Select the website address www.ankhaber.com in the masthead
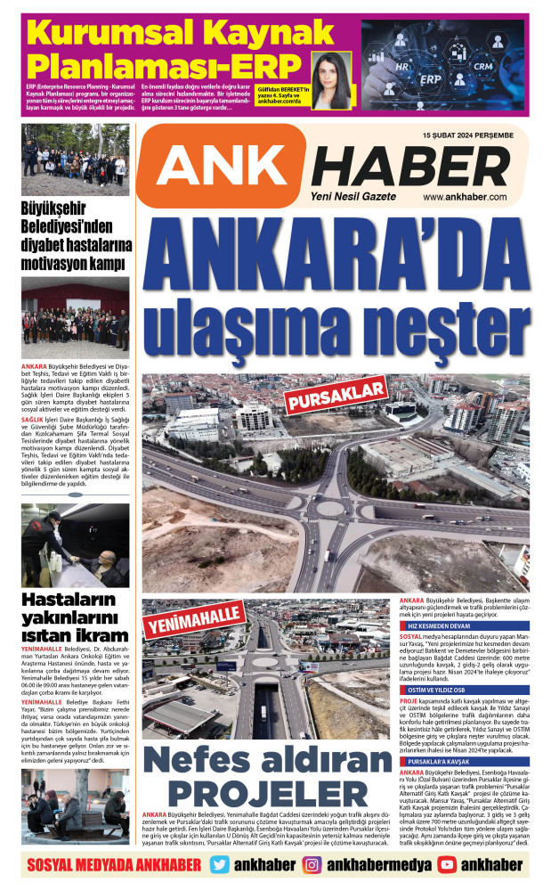465,197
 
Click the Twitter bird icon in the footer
222,864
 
